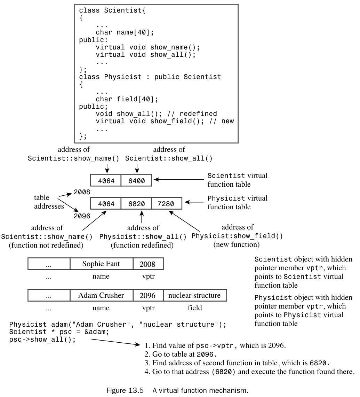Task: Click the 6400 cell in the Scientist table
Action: (x=136, y=180)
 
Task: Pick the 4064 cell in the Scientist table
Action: (x=106, y=180)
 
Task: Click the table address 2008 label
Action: (x=82, y=192)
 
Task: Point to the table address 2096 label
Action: (x=82, y=216)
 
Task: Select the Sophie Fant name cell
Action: (x=101, y=264)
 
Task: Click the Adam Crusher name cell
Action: (x=101, y=295)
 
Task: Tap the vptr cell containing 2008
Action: (x=148, y=264)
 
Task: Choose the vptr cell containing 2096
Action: (x=148, y=296)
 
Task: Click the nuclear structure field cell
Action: (x=194, y=295)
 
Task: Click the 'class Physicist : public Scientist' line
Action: (x=150, y=77)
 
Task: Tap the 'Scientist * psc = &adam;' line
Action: (x=59, y=332)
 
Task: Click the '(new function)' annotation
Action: (x=237, y=244)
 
